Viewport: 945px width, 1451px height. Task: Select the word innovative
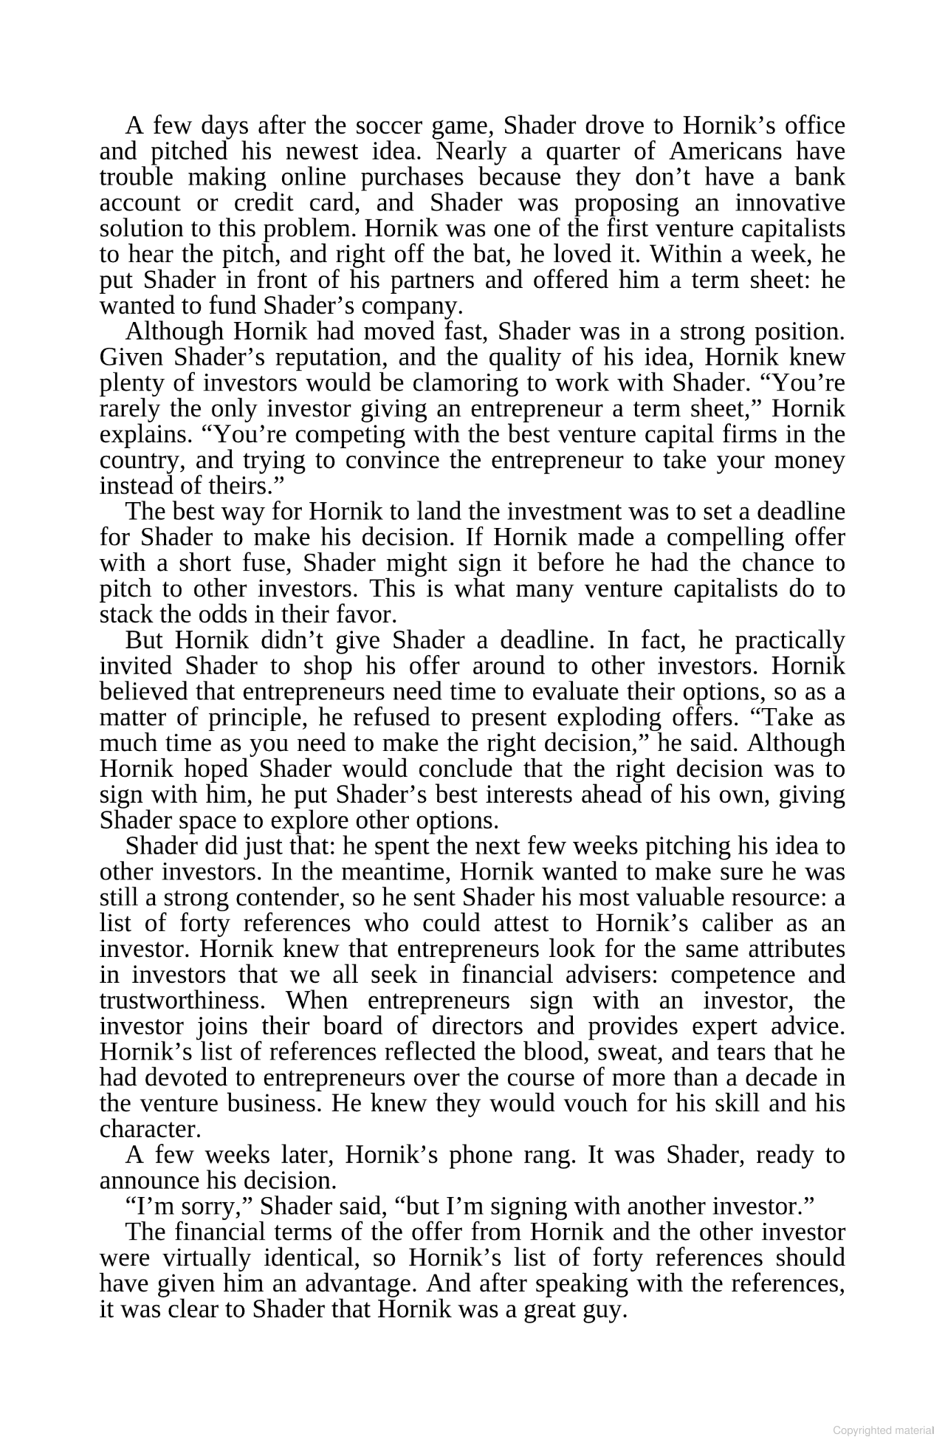point(789,203)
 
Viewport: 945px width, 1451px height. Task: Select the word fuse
point(267,563)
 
